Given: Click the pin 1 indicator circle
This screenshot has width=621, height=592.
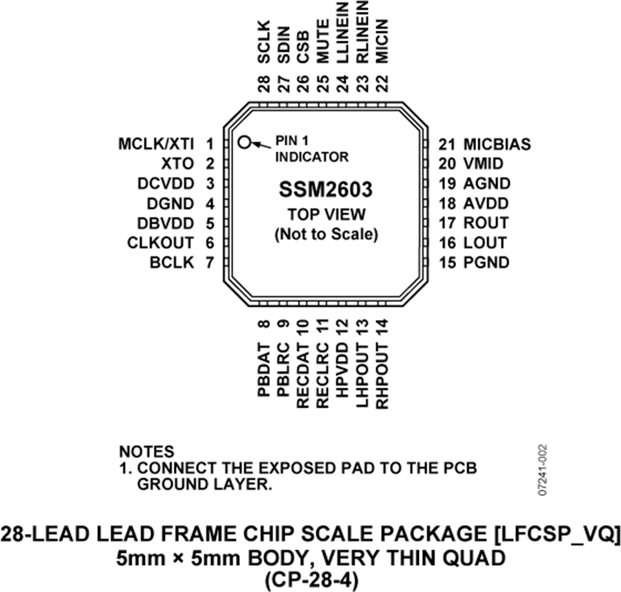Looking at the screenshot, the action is [x=245, y=141].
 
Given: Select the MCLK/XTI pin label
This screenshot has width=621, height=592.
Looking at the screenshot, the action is [x=156, y=144].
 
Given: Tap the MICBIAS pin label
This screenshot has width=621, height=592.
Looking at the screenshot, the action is [x=497, y=144].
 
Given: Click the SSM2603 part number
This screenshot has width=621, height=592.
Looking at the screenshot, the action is [x=326, y=189].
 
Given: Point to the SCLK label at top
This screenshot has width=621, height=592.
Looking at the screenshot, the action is [x=264, y=42].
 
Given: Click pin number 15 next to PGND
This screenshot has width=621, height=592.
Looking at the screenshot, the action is [x=448, y=263].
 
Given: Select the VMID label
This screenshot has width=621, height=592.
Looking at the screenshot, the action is [x=483, y=164].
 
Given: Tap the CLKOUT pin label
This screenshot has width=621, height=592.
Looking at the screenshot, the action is [x=160, y=243].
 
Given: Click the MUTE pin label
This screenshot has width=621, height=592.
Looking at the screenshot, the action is [x=323, y=41].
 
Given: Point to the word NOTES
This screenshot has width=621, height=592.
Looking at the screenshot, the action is [x=146, y=451].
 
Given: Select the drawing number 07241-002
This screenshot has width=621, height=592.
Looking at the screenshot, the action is [x=542, y=470].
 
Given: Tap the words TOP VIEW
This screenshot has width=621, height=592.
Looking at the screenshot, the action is [x=326, y=214].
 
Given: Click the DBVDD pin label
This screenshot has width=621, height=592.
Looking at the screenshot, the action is [x=166, y=224].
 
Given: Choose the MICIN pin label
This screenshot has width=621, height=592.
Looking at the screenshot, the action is [x=382, y=41].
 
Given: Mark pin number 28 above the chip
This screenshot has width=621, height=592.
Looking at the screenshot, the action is [x=264, y=83].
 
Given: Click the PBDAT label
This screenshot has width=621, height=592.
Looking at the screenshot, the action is [x=264, y=370].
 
